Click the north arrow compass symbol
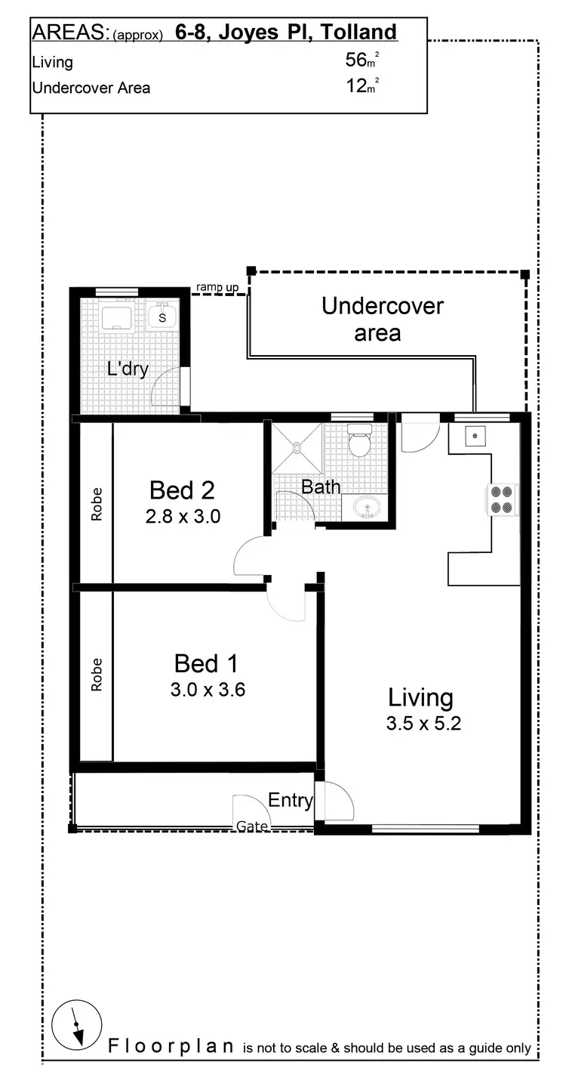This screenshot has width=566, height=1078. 76,1028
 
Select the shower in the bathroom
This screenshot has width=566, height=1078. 297,447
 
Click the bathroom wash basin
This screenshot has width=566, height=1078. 366,509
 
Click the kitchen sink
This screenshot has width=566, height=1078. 476,437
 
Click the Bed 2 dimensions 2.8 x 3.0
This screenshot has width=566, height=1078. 182,517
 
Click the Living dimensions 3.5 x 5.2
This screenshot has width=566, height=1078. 423,723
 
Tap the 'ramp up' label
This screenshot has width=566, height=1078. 217,287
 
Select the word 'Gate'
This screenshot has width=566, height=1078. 252,826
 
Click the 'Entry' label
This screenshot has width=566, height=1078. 291,800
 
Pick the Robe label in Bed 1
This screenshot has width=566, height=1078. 97,675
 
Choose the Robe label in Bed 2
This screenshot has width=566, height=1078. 97,504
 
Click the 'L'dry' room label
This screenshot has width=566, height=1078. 127,369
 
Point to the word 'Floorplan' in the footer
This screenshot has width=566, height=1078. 171,1046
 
